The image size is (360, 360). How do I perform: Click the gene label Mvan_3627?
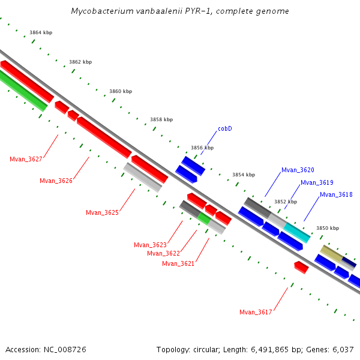coord(26,159)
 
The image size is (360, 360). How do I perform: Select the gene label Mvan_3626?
coord(56,181)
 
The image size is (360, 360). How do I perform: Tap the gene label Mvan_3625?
coord(102,212)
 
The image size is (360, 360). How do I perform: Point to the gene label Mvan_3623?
coord(150,245)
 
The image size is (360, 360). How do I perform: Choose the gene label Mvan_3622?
coord(163,253)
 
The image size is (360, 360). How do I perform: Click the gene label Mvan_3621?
coord(178,263)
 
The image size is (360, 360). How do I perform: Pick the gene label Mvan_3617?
coord(256,312)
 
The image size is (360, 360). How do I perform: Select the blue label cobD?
coord(225,128)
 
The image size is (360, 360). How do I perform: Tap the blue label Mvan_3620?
coord(298,170)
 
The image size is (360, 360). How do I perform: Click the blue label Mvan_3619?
coord(317,182)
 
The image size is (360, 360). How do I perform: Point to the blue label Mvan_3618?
coord(336,194)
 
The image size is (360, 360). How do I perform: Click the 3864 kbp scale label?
coord(41,32)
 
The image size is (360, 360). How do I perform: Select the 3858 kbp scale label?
coord(161,119)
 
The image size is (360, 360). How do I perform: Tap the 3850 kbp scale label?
coord(328,228)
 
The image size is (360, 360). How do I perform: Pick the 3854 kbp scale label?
coord(244,175)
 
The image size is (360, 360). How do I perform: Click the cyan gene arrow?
coord(297,232)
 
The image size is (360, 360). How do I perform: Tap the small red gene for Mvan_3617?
coord(301,267)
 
